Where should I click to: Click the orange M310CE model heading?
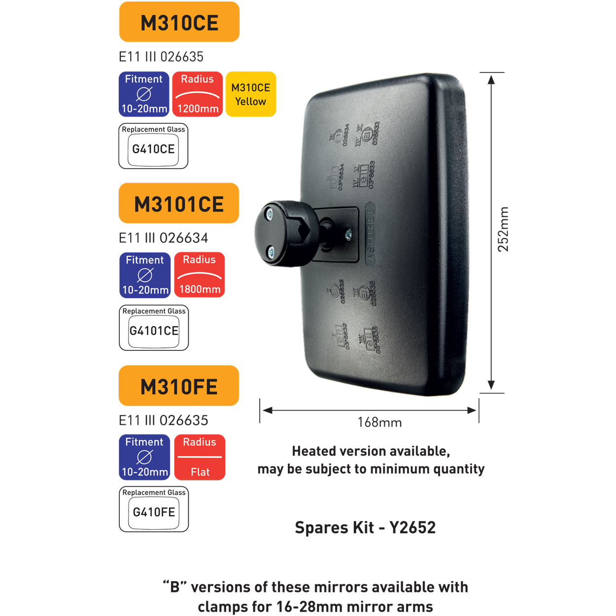click(x=179, y=23)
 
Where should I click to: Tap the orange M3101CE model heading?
click(x=179, y=204)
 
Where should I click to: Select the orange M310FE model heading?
click(x=179, y=386)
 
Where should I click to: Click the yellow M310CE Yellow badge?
click(x=251, y=94)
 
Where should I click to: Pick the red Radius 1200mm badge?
click(x=198, y=94)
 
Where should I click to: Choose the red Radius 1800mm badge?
click(x=200, y=275)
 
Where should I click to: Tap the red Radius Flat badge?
click(x=200, y=457)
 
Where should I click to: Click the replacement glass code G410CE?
click(x=153, y=149)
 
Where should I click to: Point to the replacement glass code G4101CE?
click(x=154, y=331)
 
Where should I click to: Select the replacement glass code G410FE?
click(x=154, y=513)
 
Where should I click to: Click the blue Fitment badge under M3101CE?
click(x=145, y=275)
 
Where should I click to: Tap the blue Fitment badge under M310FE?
click(x=144, y=457)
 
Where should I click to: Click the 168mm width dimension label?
click(x=379, y=423)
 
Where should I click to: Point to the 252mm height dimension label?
click(x=503, y=230)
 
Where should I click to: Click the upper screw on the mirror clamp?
click(x=269, y=213)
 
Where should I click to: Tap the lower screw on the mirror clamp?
click(x=271, y=252)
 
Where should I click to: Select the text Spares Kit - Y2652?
click(x=365, y=528)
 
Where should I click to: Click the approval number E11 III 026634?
click(x=164, y=239)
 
